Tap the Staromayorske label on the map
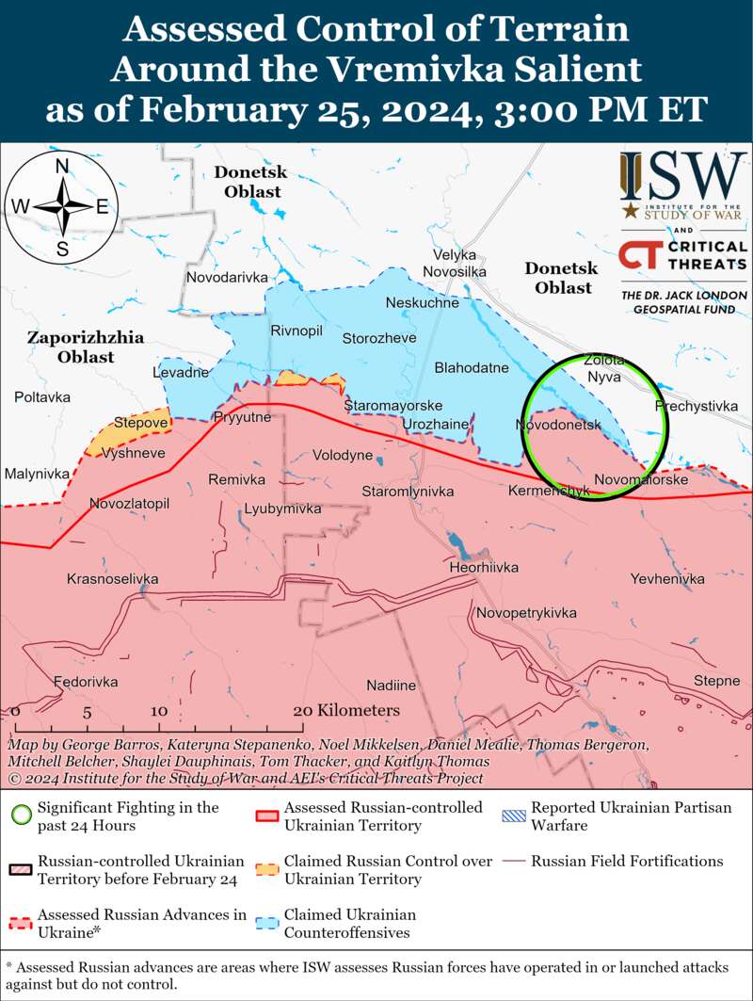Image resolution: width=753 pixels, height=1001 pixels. pyautogui.click(x=393, y=405)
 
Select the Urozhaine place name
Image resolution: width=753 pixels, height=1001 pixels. pyautogui.click(x=435, y=425)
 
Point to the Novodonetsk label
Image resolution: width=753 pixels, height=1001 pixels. pyautogui.click(x=558, y=426)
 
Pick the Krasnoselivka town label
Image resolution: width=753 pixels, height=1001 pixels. pyautogui.click(x=113, y=578)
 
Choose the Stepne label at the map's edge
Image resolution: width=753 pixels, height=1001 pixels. pyautogui.click(x=716, y=681)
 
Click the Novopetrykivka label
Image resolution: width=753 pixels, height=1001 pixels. pyautogui.click(x=527, y=613)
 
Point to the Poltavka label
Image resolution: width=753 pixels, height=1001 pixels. pyautogui.click(x=42, y=397)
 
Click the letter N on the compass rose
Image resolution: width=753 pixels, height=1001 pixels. pyautogui.click(x=62, y=167)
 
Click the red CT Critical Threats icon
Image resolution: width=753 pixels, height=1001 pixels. pyautogui.click(x=640, y=259)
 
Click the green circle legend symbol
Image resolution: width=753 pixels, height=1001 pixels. pyautogui.click(x=21, y=815)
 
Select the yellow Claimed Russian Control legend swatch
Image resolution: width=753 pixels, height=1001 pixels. pyautogui.click(x=267, y=869)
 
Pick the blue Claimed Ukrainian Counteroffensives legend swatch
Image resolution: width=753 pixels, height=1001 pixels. pyautogui.click(x=267, y=923)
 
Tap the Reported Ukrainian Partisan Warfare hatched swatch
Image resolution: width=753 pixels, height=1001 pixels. pyautogui.click(x=514, y=815)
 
